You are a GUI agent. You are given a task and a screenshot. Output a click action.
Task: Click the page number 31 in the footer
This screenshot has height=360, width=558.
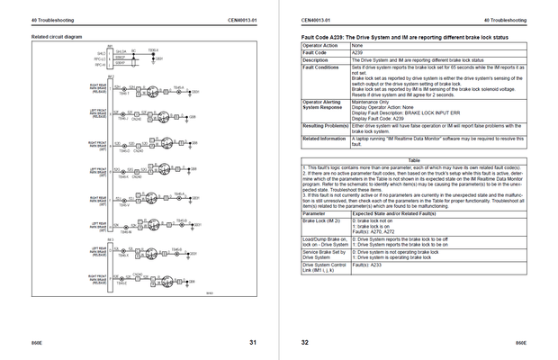(x=253, y=342)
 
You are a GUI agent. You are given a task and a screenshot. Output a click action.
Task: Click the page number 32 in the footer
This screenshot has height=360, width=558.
(x=304, y=342)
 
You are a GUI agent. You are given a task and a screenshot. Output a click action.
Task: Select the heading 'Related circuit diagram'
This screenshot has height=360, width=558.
(x=57, y=36)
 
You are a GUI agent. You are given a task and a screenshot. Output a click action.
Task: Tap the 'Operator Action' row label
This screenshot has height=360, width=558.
(x=319, y=45)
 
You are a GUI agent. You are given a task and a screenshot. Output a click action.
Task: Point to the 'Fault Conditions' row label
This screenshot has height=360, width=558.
(x=321, y=67)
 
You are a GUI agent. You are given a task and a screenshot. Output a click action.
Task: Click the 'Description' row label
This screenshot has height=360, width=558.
(x=318, y=59)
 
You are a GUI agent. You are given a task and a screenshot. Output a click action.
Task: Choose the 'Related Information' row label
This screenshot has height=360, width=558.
(x=325, y=139)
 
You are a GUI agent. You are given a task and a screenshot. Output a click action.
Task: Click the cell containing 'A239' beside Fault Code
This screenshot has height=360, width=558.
(x=357, y=52)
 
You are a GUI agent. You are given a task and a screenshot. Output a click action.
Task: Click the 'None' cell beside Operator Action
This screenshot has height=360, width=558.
(x=357, y=45)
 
